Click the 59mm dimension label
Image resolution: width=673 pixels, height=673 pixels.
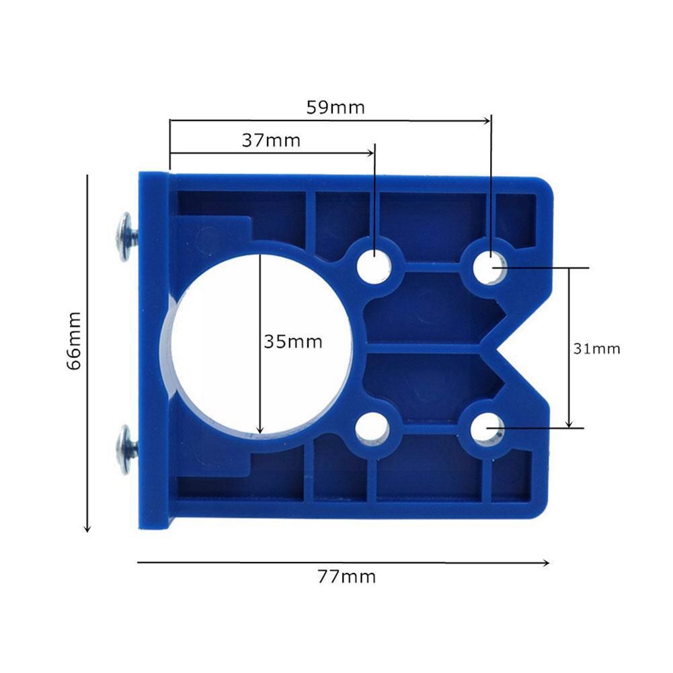[x=335, y=108]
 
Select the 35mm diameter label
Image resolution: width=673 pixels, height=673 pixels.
[x=293, y=342]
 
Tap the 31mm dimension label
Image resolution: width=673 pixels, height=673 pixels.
[x=597, y=349]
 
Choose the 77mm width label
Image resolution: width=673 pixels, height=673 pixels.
[x=346, y=577]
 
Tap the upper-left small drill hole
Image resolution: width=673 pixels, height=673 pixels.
[x=374, y=266]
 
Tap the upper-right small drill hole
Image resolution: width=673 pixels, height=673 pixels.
[x=489, y=268]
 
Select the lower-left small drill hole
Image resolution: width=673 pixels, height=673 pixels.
[x=372, y=428]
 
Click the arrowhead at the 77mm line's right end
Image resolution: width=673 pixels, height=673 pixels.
[x=547, y=563]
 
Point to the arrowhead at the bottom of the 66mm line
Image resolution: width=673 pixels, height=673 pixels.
[x=87, y=529]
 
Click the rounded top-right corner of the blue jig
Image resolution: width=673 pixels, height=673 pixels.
[x=545, y=184]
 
